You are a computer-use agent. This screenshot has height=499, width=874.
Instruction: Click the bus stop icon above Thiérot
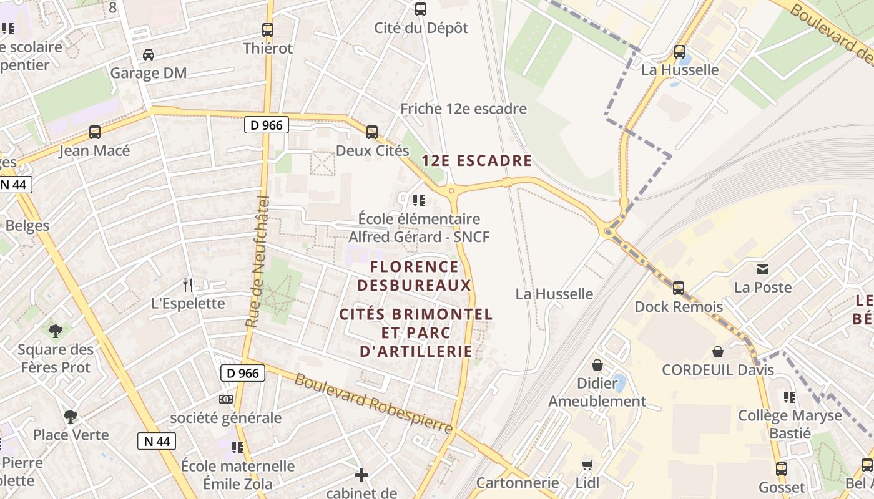point(268,29)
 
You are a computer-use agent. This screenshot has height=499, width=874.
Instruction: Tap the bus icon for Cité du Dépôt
point(421,9)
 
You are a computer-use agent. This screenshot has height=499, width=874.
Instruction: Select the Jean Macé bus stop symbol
point(95,132)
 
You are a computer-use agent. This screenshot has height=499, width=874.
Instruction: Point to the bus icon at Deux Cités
point(372,132)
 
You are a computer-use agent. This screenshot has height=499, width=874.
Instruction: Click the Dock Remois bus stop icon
point(679,288)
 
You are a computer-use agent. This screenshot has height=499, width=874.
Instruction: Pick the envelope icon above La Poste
point(762,269)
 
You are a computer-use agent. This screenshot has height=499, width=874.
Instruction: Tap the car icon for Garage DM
point(149,55)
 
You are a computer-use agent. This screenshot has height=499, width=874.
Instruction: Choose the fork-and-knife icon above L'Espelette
point(188,285)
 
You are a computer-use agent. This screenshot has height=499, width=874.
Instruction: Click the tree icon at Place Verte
point(71,416)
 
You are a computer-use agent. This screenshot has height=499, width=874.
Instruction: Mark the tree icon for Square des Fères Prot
point(56,331)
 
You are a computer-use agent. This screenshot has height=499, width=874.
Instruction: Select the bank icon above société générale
point(225,399)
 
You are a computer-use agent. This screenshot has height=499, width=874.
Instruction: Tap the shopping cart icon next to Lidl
point(587,465)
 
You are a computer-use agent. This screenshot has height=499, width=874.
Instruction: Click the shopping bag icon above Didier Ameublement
point(597,365)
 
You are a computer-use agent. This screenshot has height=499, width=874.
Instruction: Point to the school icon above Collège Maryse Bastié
point(790,397)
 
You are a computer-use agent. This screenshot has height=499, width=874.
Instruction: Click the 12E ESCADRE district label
point(477,161)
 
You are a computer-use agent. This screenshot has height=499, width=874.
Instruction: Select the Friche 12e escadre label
point(463,109)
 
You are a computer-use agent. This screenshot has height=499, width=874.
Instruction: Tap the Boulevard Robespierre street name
point(373,404)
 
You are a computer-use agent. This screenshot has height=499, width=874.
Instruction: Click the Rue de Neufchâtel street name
point(257,262)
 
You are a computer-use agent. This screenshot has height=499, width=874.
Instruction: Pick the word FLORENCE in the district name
point(415,267)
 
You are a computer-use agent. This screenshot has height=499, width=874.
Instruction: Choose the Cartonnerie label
point(517,483)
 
